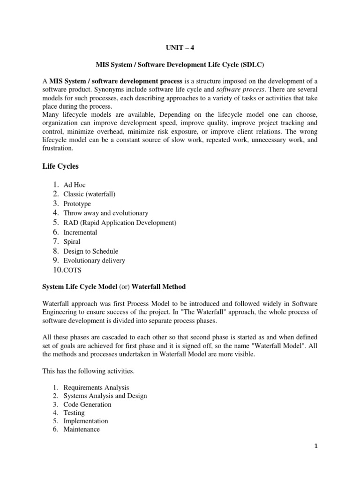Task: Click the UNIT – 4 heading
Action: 180,47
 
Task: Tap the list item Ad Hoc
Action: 75,185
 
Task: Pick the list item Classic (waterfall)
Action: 89,195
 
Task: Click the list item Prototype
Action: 77,204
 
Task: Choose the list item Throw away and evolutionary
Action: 105,213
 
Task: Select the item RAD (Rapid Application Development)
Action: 120,223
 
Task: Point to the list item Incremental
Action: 80,232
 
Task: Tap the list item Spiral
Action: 72,242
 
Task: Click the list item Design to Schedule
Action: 91,251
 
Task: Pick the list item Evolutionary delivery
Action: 94,261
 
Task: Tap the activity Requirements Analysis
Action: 96,388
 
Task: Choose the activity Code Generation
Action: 88,405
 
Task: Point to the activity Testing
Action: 74,413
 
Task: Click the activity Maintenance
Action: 82,429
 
